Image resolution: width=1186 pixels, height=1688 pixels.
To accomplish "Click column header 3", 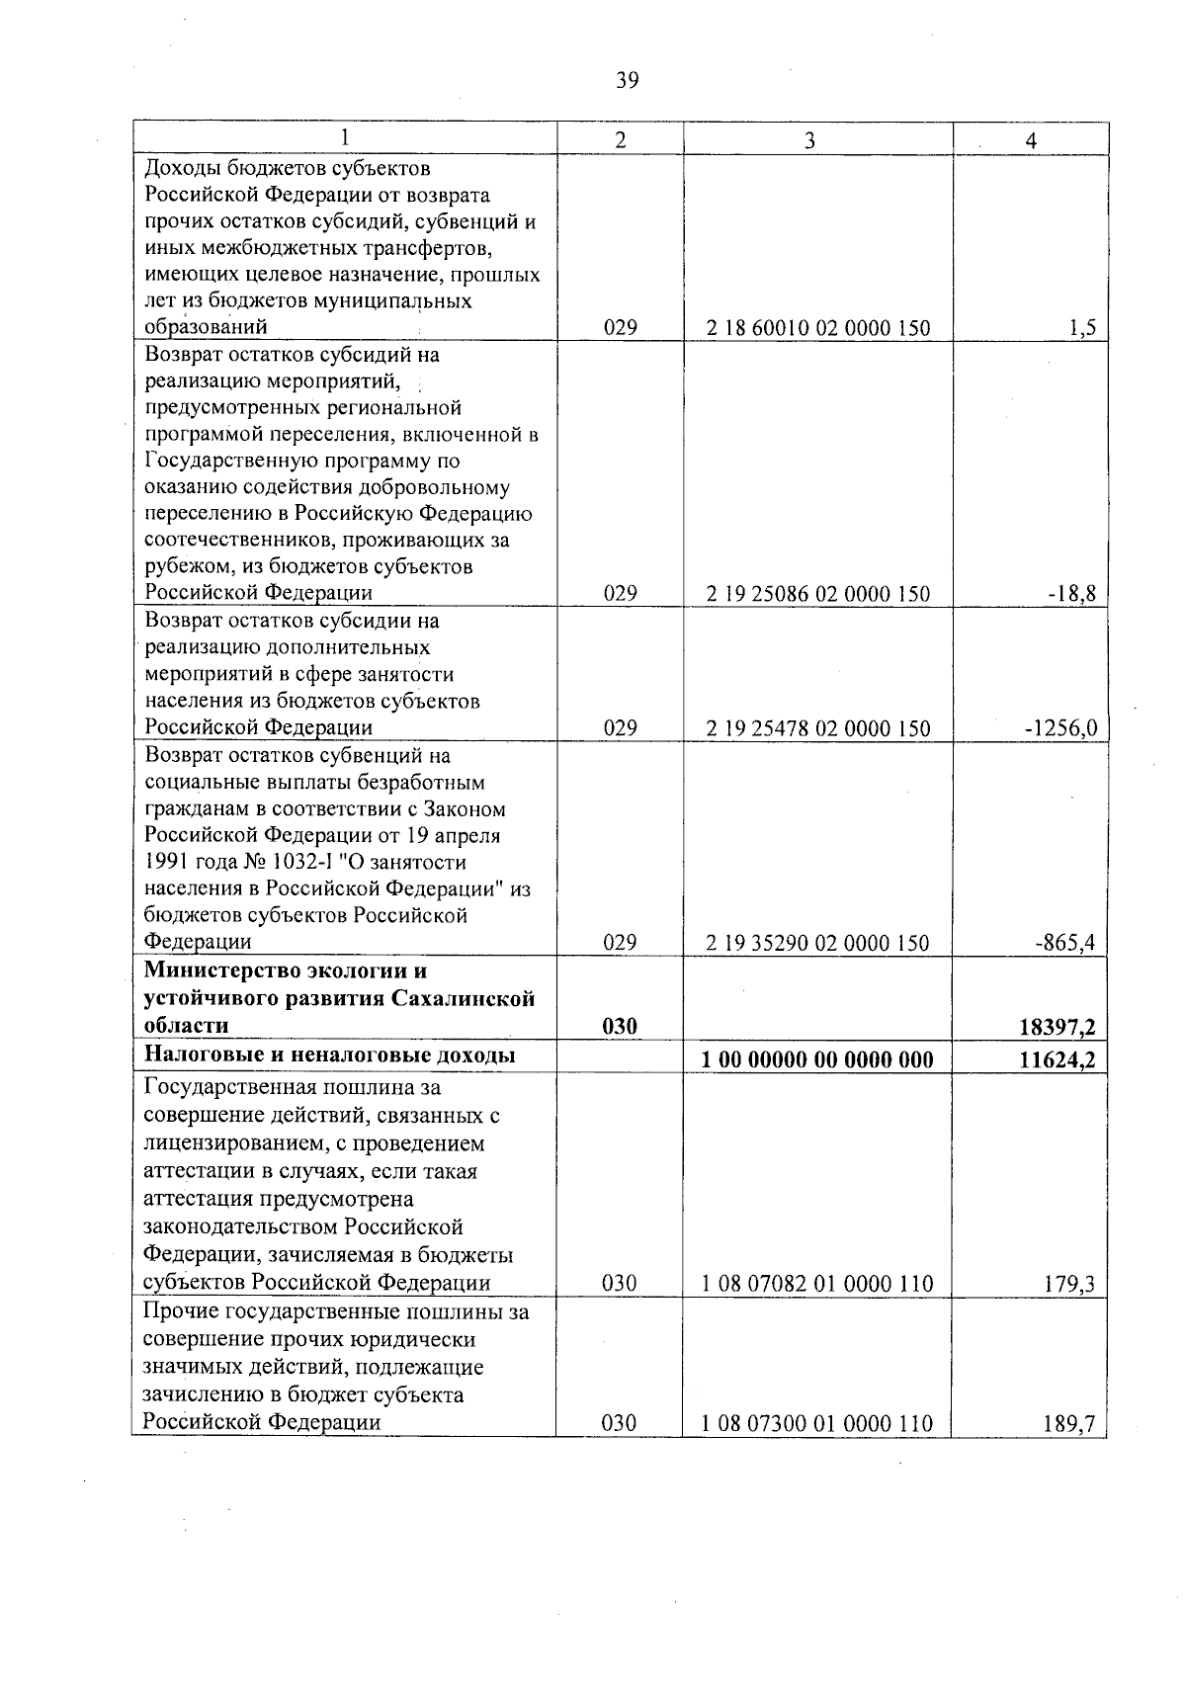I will [x=809, y=140].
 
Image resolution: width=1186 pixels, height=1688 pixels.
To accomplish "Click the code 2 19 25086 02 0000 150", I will [x=817, y=594].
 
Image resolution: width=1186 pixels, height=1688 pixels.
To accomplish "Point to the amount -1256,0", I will [x=1060, y=729].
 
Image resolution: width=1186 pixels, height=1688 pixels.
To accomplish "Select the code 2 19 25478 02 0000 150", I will [x=817, y=729].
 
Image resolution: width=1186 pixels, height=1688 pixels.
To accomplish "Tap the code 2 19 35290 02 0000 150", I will [x=817, y=943].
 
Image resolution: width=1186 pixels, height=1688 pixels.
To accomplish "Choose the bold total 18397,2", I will [x=1058, y=1028].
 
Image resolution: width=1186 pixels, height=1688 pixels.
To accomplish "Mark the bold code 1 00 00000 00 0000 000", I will [x=817, y=1060].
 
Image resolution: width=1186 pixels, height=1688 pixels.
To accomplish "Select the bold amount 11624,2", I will [x=1058, y=1060].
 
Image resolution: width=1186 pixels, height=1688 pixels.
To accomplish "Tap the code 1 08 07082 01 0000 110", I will [x=817, y=1285].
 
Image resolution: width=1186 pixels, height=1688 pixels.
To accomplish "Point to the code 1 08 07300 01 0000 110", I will [x=817, y=1424].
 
